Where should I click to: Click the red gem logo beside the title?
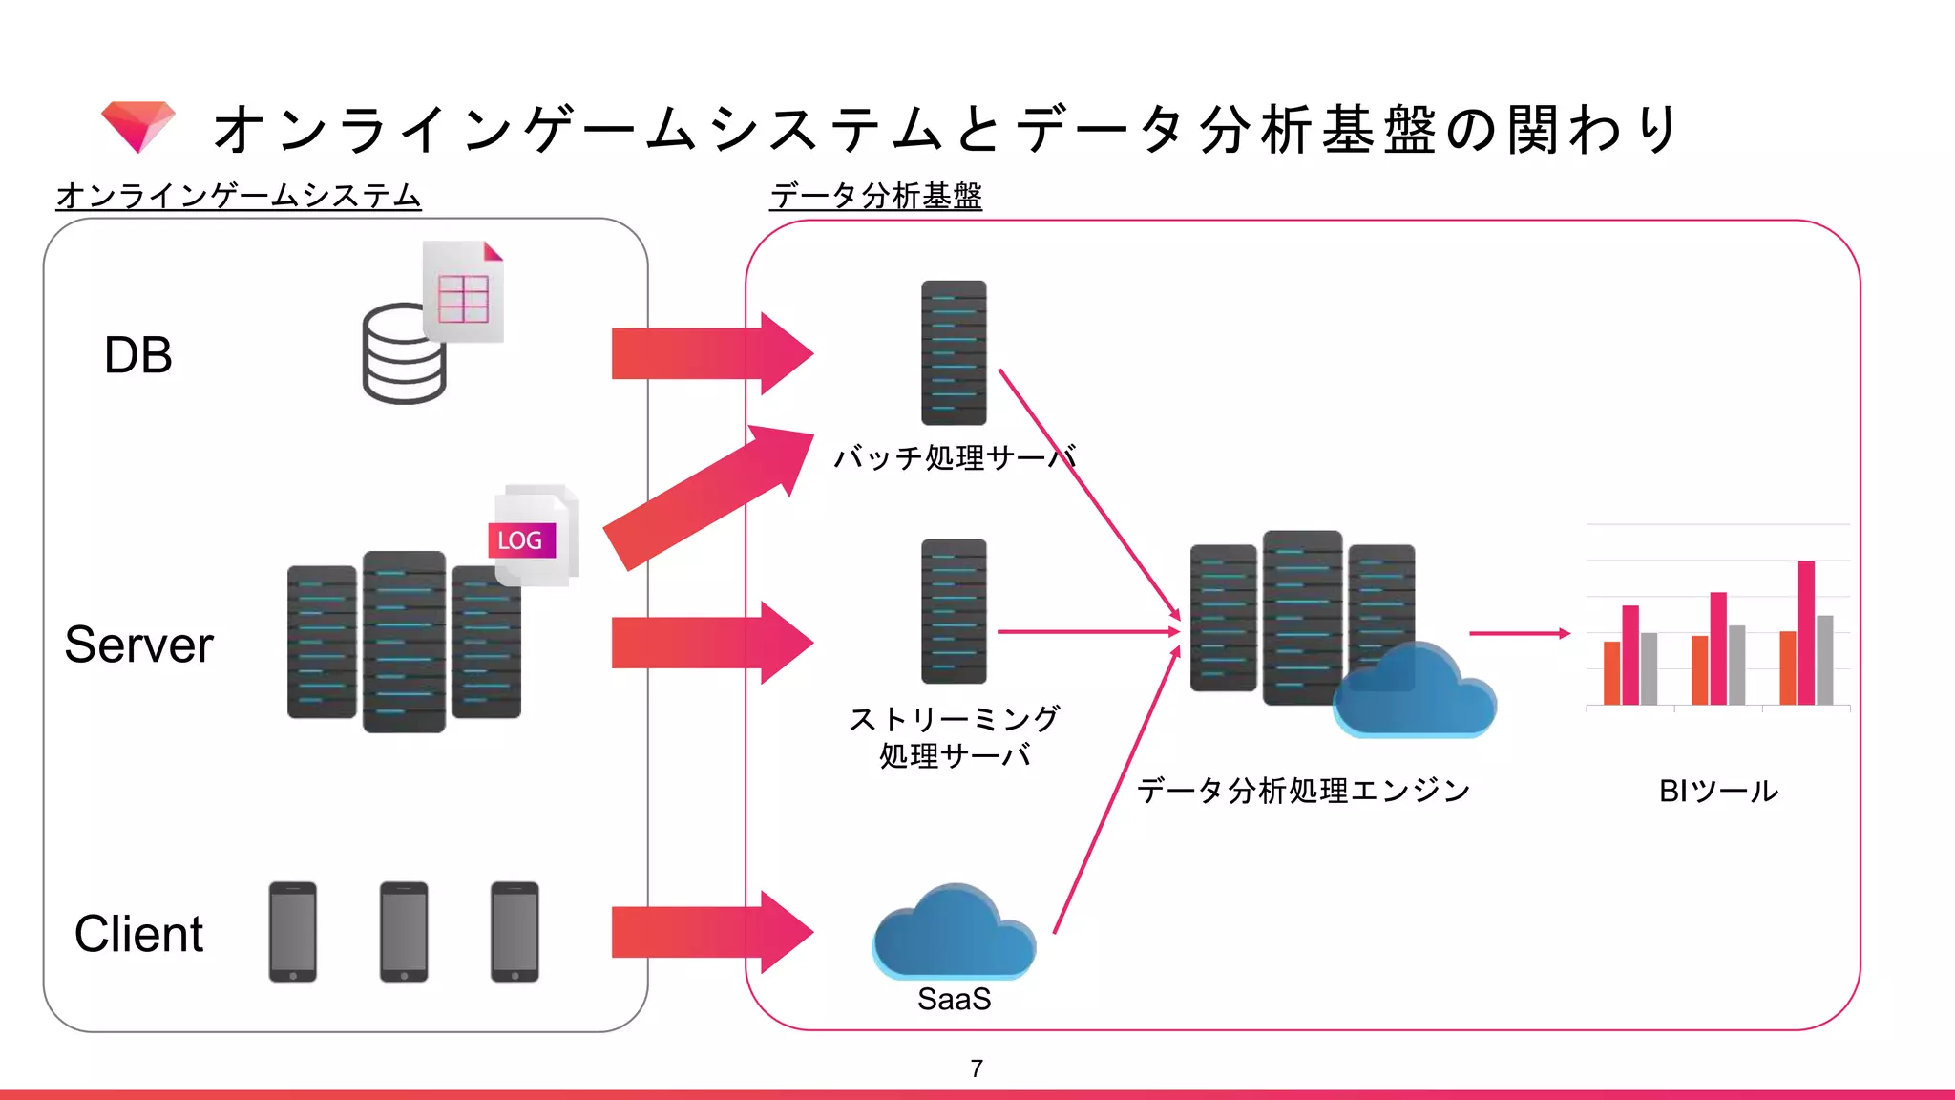tap(138, 126)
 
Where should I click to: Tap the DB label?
tap(138, 355)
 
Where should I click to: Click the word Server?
tap(139, 645)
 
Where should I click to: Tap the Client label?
tap(139, 934)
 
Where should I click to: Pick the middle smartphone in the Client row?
tap(404, 932)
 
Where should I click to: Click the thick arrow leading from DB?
tap(711, 353)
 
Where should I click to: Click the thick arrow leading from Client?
tap(711, 932)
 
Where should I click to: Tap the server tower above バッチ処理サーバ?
tap(954, 352)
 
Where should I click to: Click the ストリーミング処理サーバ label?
tap(955, 736)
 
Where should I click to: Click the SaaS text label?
tap(954, 999)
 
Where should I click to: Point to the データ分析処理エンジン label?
tap(1304, 791)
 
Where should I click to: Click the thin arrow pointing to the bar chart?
tap(1518, 633)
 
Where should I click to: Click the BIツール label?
tap(1718, 791)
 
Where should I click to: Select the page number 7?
tap(977, 1068)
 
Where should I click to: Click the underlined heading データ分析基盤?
tap(875, 196)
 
